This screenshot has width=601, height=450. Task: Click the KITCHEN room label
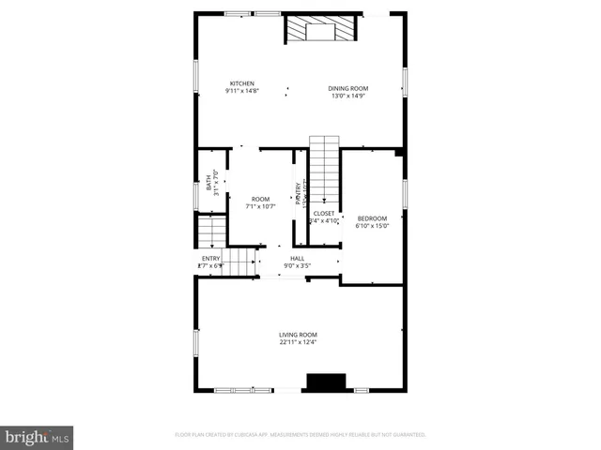pyautogui.click(x=241, y=83)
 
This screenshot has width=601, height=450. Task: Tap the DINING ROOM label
pyautogui.click(x=347, y=89)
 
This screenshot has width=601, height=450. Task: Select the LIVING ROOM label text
pyautogui.click(x=298, y=335)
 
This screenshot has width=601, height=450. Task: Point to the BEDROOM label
pyautogui.click(x=372, y=218)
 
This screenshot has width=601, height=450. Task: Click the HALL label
pyautogui.click(x=297, y=259)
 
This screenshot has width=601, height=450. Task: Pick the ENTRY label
pyautogui.click(x=211, y=259)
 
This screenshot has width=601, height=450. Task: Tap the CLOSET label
pyautogui.click(x=324, y=214)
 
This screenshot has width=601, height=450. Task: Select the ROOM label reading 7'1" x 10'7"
pyautogui.click(x=260, y=199)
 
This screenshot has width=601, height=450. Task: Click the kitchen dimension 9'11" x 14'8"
pyautogui.click(x=241, y=91)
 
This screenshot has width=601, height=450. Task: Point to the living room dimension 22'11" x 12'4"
pyautogui.click(x=298, y=342)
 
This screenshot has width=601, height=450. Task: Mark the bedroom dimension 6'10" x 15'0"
pyautogui.click(x=372, y=226)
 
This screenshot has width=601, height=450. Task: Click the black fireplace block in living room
pyautogui.click(x=326, y=382)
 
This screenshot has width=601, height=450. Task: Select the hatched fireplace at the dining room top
pyautogui.click(x=322, y=29)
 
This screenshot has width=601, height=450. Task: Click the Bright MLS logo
pyautogui.click(x=38, y=437)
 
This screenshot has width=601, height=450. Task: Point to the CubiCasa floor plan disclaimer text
pyautogui.click(x=300, y=435)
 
